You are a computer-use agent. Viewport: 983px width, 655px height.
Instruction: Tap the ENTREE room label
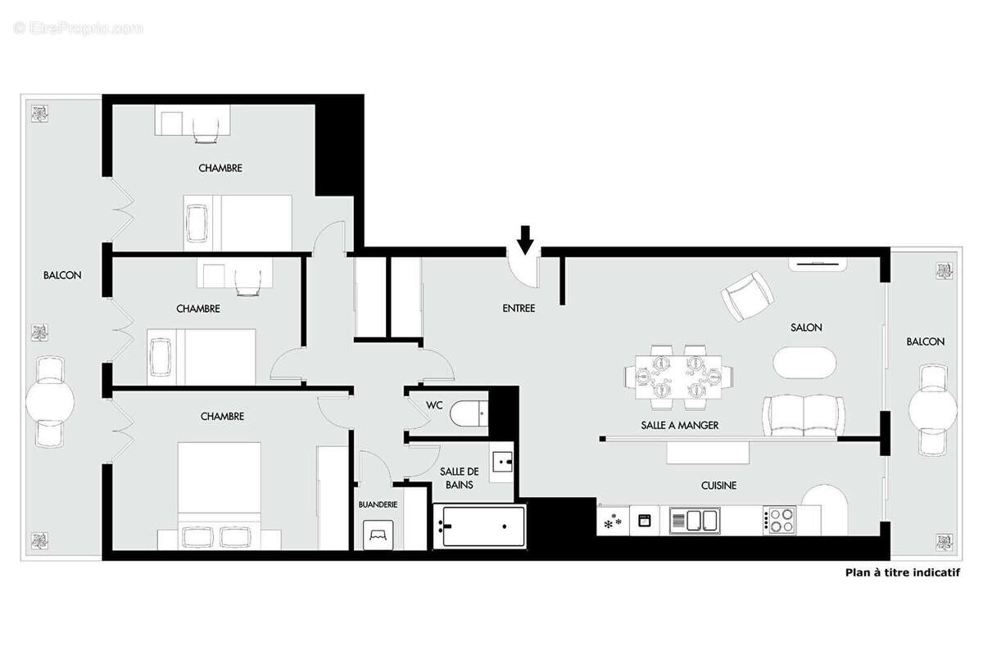[519, 309]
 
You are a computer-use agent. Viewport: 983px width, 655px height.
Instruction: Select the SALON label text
[806, 327]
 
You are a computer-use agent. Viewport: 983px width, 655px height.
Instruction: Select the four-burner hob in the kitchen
[779, 520]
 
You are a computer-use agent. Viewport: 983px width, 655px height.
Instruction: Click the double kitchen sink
[694, 520]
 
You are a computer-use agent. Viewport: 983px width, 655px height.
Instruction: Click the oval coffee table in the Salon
[806, 362]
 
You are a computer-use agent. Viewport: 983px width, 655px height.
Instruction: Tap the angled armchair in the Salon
[746, 296]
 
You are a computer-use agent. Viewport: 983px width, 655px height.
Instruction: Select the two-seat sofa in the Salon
[803, 415]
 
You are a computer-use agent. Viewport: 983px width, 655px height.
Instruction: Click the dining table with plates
[678, 377]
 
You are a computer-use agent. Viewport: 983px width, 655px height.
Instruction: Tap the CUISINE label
[718, 486]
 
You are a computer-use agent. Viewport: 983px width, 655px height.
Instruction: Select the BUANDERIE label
[378, 504]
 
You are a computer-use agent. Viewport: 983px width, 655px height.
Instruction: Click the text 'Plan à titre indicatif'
[902, 573]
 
